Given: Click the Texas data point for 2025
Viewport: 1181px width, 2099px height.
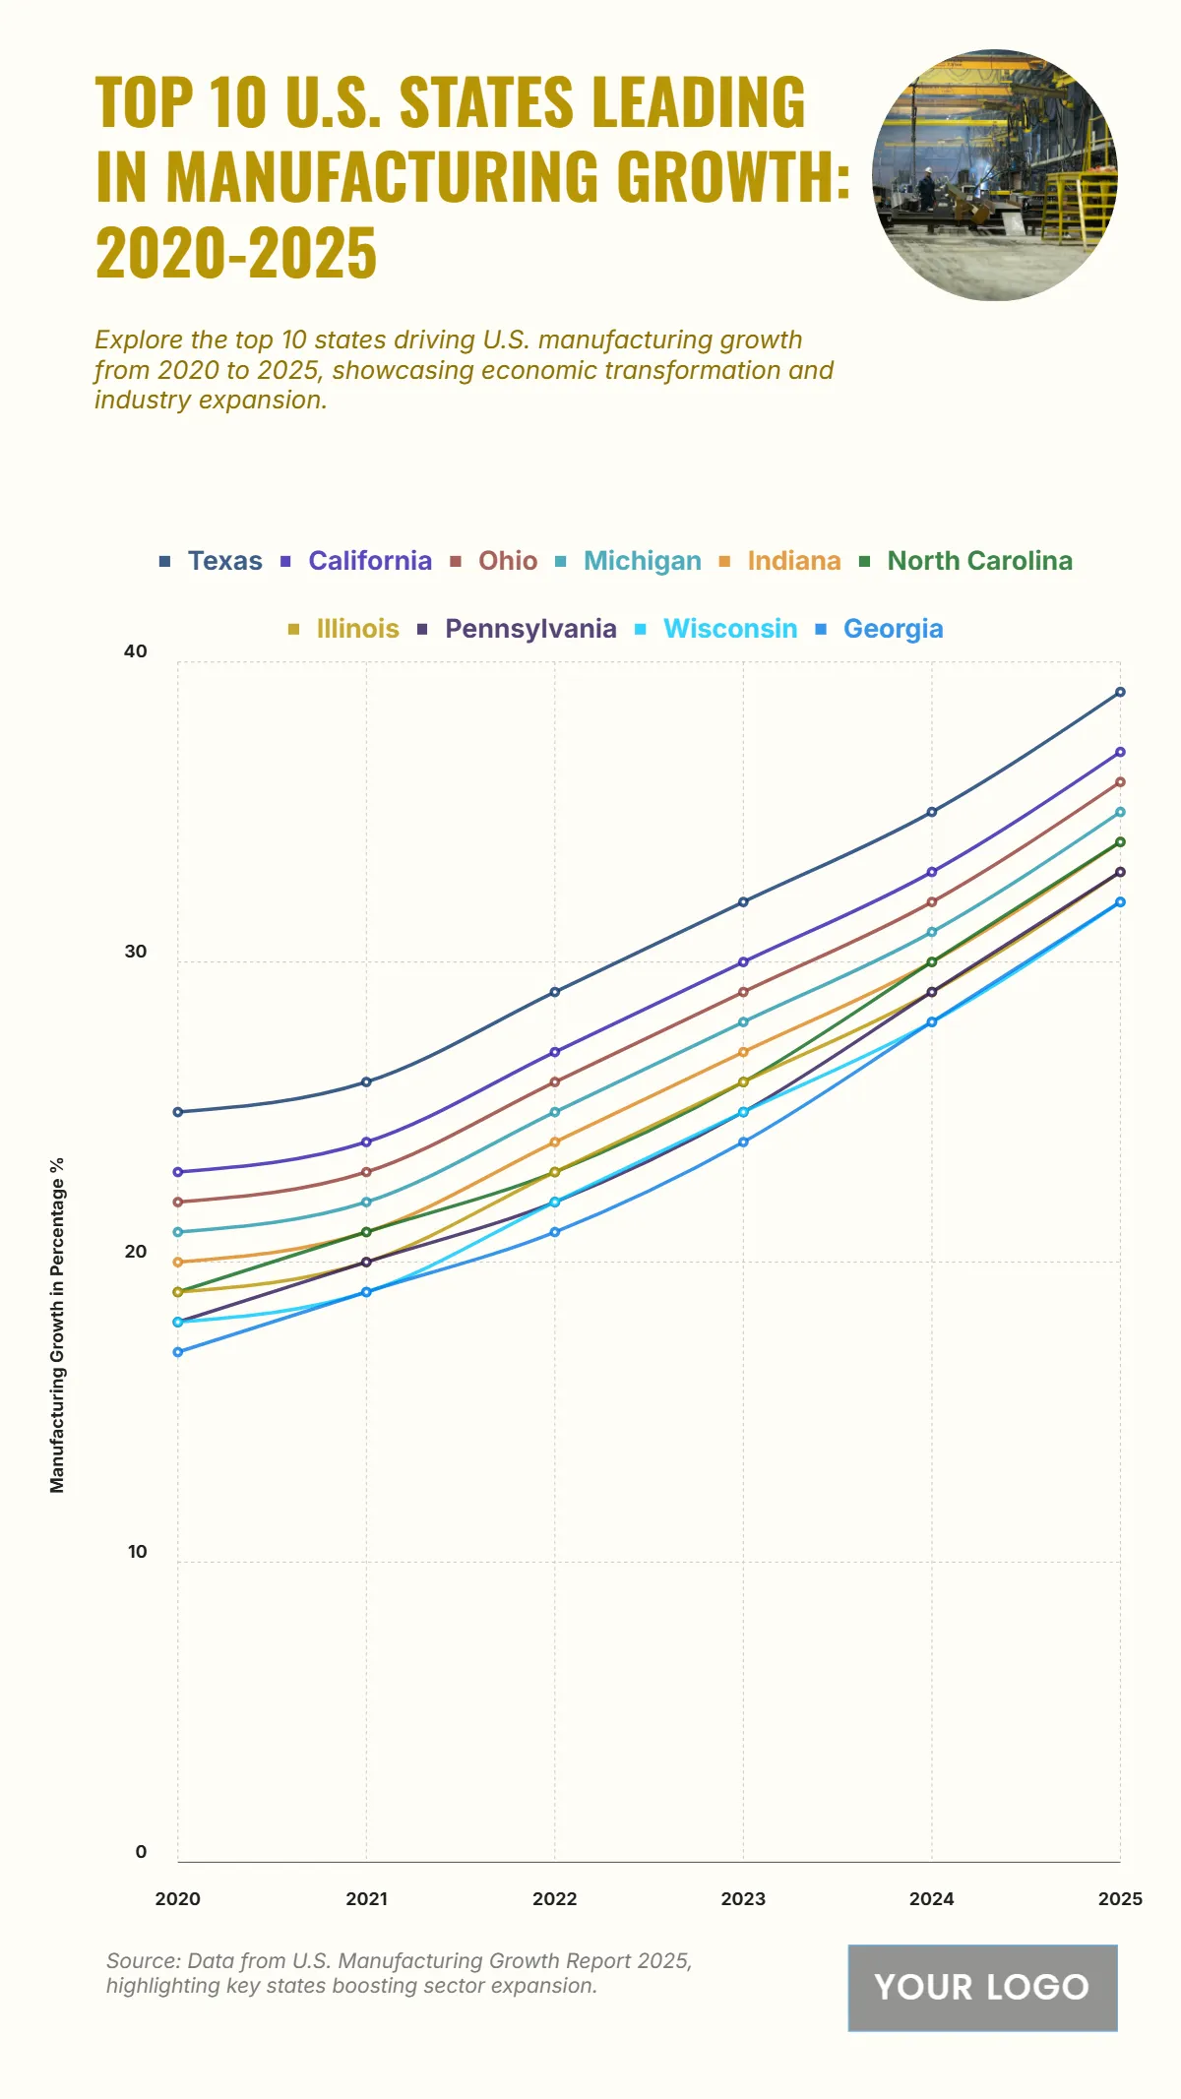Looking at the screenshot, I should (1120, 693).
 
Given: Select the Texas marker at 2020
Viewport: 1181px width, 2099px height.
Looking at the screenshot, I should (178, 1112).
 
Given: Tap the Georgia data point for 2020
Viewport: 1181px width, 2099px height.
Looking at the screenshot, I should (178, 1352).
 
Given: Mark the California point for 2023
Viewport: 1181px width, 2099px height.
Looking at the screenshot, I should (743, 962).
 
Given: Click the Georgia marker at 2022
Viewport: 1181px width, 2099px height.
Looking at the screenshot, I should (555, 1232).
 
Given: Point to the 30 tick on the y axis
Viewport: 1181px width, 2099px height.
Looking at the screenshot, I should (136, 952).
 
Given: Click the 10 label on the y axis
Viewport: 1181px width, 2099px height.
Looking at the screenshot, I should (137, 1552).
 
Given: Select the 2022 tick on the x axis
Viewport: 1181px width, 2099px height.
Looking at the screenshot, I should (555, 1899).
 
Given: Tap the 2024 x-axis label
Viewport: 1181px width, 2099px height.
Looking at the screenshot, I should (931, 1899).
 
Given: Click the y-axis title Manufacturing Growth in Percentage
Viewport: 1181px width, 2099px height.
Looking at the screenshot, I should (57, 1325).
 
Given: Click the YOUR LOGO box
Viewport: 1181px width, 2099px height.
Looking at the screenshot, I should (982, 1987).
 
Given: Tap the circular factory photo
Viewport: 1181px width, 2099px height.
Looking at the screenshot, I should (994, 175).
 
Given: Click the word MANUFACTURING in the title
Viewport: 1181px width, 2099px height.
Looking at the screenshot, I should (382, 177).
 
